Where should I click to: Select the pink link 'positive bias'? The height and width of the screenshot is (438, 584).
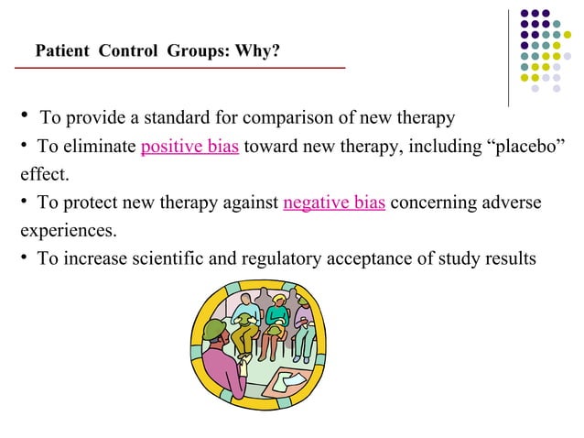[x=190, y=147]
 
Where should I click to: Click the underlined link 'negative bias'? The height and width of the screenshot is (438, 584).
[x=334, y=202]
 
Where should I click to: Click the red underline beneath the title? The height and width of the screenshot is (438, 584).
[x=183, y=68]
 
